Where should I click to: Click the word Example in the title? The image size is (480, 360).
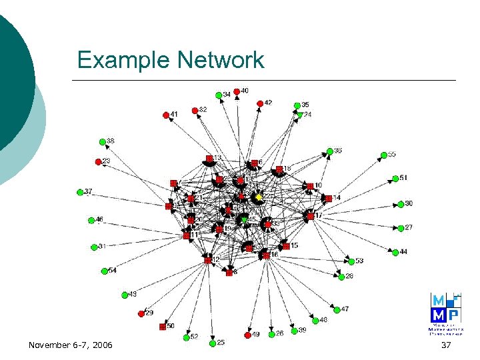point(123,60)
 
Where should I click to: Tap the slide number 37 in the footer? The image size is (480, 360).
point(447,345)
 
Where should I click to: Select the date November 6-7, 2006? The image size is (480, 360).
point(71,345)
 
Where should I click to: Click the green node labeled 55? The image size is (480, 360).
point(384,155)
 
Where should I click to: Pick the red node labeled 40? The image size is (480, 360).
point(237,91)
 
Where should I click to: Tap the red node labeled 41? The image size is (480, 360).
point(166,115)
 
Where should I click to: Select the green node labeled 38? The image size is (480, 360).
point(102,141)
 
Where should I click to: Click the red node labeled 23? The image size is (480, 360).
point(98,162)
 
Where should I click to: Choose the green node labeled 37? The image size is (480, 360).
point(80,193)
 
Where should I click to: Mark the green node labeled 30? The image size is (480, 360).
point(401,204)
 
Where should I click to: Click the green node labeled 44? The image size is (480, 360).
point(395,252)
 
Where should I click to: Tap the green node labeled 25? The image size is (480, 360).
point(212,343)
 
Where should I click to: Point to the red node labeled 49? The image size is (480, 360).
point(247,335)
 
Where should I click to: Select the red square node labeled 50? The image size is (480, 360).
point(162,327)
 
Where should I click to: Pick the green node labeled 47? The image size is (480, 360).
point(337,309)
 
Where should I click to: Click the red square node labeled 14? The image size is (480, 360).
point(328,198)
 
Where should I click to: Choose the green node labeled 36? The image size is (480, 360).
point(329,151)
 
